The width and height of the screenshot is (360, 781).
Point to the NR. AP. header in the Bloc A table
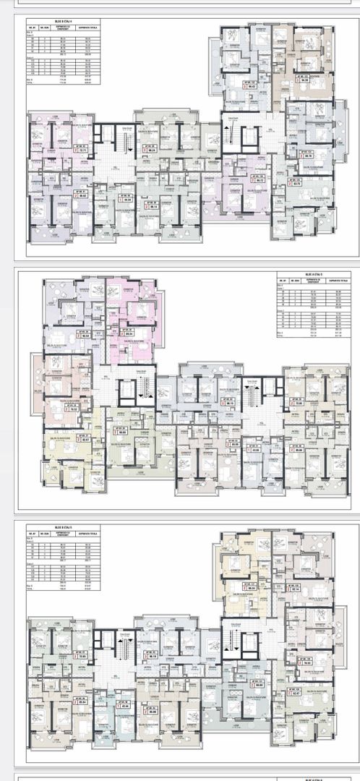click(282, 281)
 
